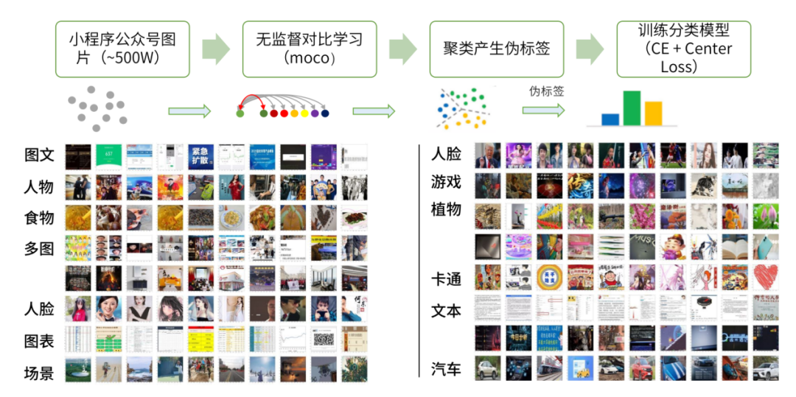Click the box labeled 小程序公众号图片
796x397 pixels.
[122, 49]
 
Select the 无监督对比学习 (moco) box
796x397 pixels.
[310, 49]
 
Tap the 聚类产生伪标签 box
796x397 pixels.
[496, 49]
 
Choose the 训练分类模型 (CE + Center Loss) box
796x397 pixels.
[683, 49]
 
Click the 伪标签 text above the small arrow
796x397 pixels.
[546, 91]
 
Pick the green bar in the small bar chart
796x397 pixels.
[632, 108]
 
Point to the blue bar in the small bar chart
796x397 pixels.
[610, 119]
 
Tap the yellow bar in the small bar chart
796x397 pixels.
[653, 113]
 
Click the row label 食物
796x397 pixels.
[39, 217]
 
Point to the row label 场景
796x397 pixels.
[39, 373]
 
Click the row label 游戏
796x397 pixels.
[446, 181]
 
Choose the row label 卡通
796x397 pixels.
[446, 280]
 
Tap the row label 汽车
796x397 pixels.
[446, 368]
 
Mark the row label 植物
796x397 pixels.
[446, 209]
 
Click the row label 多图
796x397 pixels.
[39, 248]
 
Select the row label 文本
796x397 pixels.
[446, 311]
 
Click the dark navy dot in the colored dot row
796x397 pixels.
[324, 113]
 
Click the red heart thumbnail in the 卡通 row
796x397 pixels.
[765, 277]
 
